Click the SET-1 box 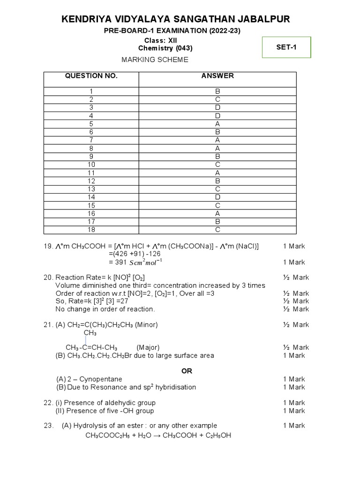(x=286, y=47)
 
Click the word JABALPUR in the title (x=262, y=19)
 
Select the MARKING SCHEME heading (x=155, y=60)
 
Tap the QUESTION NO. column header (x=91, y=76)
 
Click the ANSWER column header (x=217, y=76)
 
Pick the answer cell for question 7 (x=217, y=140)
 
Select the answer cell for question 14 (x=217, y=197)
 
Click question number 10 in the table (x=91, y=165)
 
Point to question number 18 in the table (x=91, y=230)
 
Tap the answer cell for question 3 (x=217, y=107)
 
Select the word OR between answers (x=187, y=371)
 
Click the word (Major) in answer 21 (x=148, y=347)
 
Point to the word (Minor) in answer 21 (x=146, y=324)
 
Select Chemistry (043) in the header (x=165, y=48)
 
